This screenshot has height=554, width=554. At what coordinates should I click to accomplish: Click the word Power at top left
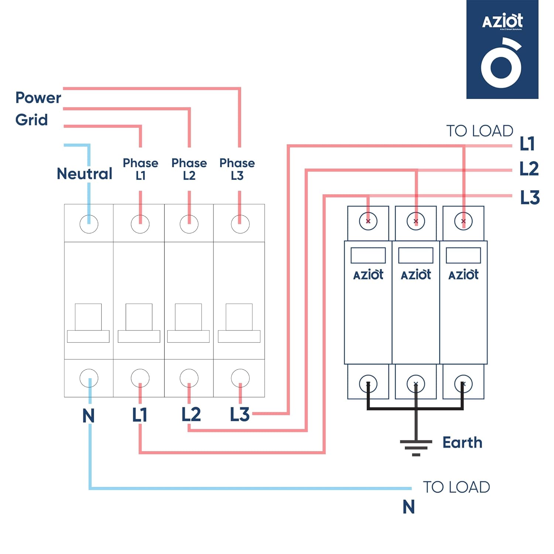coord(38,98)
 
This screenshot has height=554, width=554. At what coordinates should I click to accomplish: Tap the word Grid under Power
coord(31,120)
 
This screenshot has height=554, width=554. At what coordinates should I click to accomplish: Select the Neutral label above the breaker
coord(85,174)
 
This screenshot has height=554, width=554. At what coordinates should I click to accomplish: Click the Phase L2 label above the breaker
coord(189,169)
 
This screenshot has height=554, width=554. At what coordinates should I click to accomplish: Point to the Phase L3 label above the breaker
coord(237,169)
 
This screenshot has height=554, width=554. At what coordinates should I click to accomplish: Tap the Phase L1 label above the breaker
coord(140,169)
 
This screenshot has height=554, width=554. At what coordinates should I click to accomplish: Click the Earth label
coord(462,442)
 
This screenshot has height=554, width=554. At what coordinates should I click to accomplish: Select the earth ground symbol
coord(416,447)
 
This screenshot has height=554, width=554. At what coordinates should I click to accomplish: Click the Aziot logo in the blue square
coord(502,49)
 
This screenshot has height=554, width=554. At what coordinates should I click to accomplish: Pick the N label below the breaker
coord(89,416)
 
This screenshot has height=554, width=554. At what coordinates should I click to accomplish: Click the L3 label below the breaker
coord(240,414)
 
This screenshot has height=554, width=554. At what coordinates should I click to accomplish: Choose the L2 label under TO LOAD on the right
coord(529,169)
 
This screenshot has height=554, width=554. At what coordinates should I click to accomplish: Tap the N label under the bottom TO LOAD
coord(408,507)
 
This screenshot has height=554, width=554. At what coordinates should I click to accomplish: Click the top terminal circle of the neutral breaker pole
coord(89,224)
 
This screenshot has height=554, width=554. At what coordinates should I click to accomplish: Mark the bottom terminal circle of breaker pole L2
coord(189,378)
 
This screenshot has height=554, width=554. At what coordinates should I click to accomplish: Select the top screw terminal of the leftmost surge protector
coord(368,221)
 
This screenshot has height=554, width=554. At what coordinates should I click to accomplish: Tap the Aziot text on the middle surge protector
coord(416,275)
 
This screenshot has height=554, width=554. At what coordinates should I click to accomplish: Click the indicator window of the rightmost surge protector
coord(464,255)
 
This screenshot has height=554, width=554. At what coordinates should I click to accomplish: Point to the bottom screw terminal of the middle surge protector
coord(416,384)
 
